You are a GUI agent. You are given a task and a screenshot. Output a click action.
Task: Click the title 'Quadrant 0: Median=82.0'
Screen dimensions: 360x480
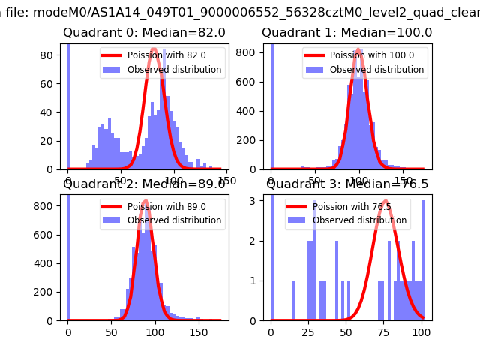tap(144, 33)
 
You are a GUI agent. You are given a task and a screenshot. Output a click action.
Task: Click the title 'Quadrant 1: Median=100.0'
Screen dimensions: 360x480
tap(346, 33)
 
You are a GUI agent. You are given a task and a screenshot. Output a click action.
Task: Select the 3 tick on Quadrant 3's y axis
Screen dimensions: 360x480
tap(256, 199)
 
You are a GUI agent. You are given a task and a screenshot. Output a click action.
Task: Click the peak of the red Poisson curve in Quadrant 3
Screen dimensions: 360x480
tap(385, 201)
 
